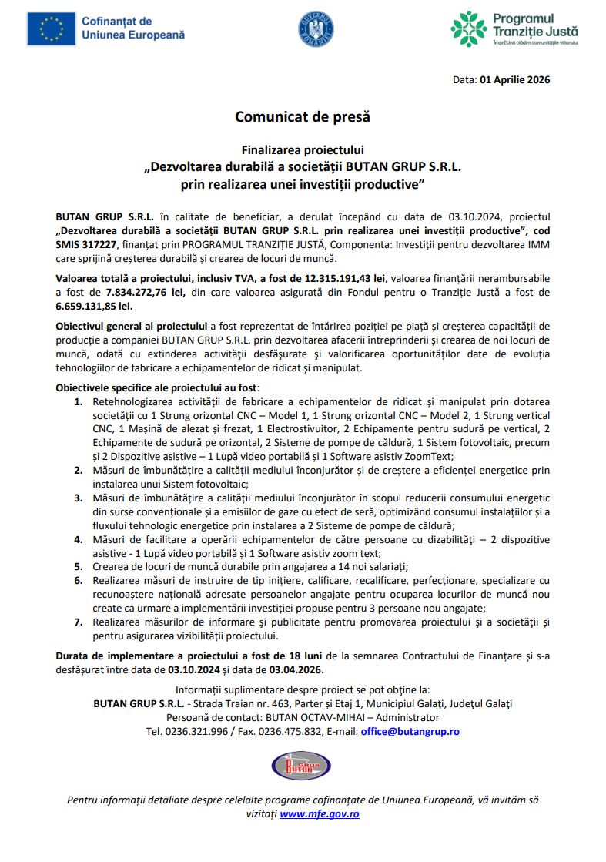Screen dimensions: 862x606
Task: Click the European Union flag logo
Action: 51,29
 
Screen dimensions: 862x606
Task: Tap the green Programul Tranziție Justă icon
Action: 468,29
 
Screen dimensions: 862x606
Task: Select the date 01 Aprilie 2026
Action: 514,79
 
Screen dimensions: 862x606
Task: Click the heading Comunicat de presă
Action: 303,117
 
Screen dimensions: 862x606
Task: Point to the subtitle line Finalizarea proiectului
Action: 303,149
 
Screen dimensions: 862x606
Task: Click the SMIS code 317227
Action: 95,243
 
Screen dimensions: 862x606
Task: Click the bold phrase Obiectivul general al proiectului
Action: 132,326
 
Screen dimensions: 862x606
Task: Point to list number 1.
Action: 79,402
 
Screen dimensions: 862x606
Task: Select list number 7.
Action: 79,622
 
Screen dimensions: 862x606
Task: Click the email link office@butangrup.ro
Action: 410,731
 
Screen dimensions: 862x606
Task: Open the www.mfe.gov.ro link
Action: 319,813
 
